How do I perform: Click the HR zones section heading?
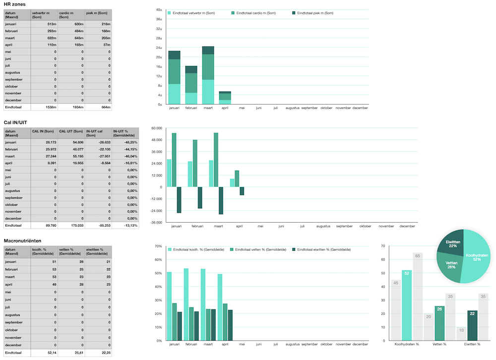14,4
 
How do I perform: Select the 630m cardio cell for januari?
71,24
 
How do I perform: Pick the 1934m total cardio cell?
71,107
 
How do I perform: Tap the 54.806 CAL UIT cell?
71,142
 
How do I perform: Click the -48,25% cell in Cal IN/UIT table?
125,142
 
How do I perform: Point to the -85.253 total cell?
98,226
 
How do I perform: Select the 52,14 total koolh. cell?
44,353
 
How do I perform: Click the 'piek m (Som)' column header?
99,15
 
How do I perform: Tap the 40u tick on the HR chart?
159,10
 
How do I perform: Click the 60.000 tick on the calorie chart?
156,128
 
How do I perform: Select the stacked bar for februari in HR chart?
191,85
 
